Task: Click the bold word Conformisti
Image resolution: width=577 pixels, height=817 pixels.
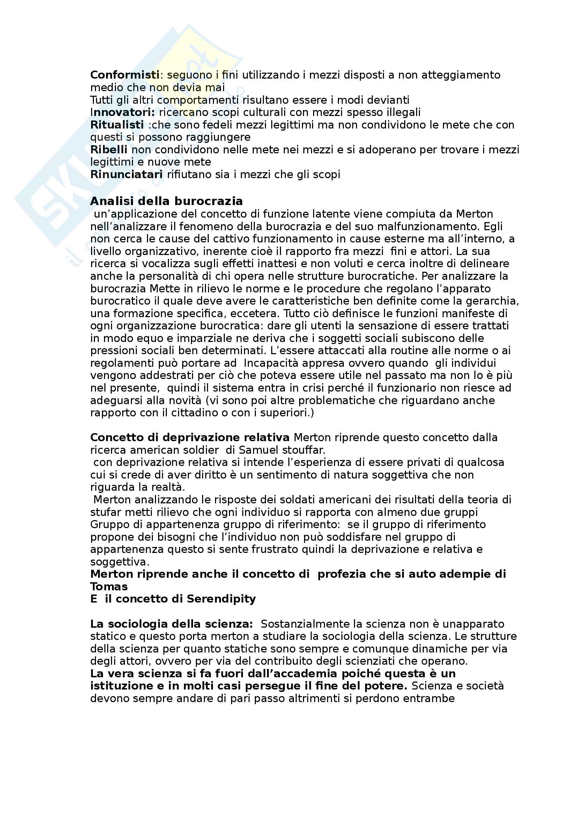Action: (125, 75)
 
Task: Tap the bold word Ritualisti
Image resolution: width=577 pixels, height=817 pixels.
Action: (117, 125)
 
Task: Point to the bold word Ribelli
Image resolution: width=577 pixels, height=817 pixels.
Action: (109, 150)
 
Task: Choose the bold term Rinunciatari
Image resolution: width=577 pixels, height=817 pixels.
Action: (126, 174)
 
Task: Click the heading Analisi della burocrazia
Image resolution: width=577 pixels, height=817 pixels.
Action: (167, 202)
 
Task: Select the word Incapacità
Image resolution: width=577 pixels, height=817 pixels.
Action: (272, 363)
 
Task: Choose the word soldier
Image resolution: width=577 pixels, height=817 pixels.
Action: (200, 450)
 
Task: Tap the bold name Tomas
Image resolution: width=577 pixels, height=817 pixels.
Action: (109, 586)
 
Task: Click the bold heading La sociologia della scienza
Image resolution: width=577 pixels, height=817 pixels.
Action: (171, 624)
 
